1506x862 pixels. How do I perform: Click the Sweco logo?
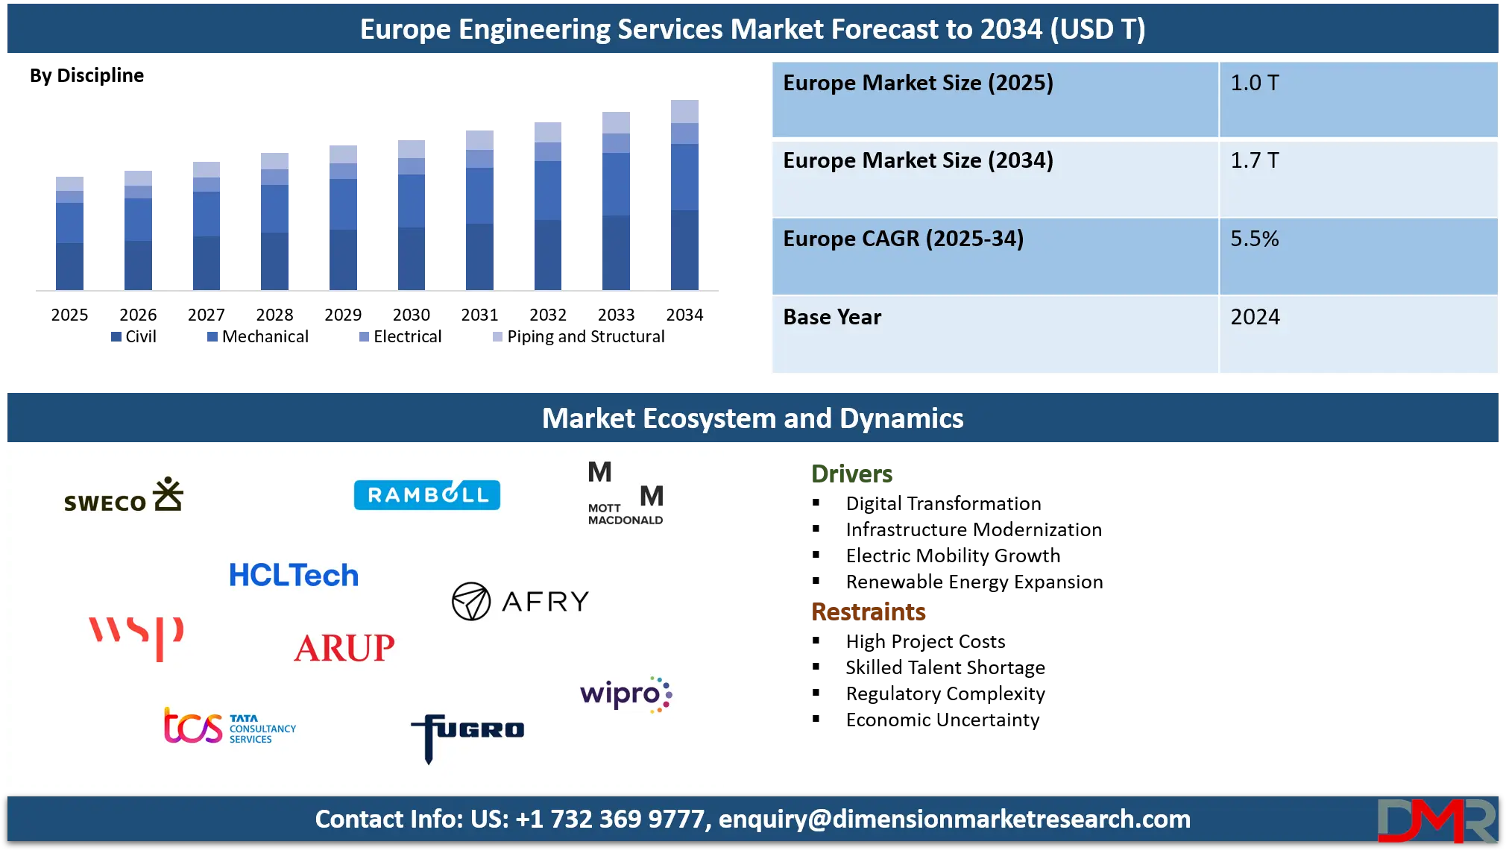coord(124,496)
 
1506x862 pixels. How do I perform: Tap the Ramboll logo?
coord(426,495)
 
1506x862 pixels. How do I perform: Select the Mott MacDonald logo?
coord(625,494)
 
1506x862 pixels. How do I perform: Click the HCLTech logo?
coord(293,576)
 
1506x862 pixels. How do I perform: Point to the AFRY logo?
coord(520,601)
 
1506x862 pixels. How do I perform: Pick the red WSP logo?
coord(137,636)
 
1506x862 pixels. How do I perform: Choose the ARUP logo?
coord(344,648)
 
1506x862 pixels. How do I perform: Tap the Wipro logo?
coord(626,694)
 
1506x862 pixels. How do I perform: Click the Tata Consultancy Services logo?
coord(230,726)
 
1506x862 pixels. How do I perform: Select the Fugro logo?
coord(467,735)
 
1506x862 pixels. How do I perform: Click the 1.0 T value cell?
coord(1254,83)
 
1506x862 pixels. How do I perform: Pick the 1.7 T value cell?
coord(1254,160)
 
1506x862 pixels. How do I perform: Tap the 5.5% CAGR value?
coord(1254,239)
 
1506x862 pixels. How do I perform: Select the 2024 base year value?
coord(1255,317)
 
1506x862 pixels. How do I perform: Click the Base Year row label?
coord(832,317)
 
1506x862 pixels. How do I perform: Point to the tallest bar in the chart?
coord(685,194)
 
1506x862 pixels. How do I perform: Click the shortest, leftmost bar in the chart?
coord(69,233)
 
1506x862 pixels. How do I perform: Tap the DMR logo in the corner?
coord(1436,821)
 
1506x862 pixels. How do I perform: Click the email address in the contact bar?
coord(954,819)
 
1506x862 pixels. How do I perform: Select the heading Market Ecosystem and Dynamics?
coord(752,418)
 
